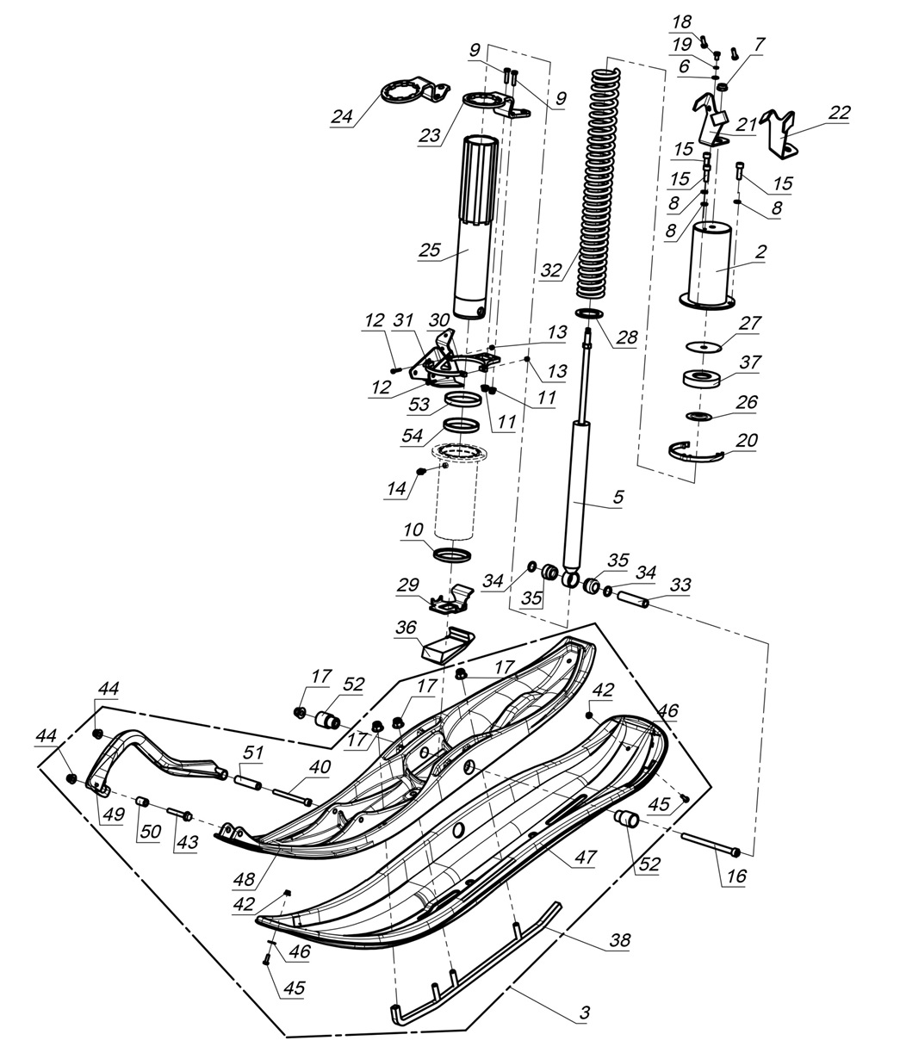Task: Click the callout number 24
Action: pos(343,116)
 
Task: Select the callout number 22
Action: pos(838,114)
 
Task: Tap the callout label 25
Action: pos(429,251)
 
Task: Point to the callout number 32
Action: pos(551,269)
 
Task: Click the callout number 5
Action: pos(618,498)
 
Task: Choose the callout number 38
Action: pos(618,940)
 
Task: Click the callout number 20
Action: pos(746,440)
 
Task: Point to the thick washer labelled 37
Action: pos(704,378)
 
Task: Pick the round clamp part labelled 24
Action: pos(405,92)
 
